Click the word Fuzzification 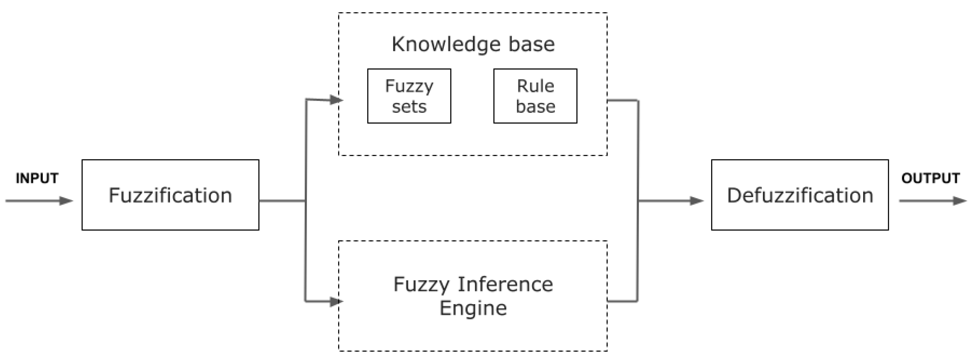coord(170,196)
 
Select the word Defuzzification coord(800,196)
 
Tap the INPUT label coord(37,178)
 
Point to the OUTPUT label coord(930,178)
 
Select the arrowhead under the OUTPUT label coord(960,201)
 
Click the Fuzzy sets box coord(409,96)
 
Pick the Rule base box coord(535,96)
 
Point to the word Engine coord(473,308)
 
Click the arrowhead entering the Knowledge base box coord(336,100)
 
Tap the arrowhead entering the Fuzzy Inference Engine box coord(336,302)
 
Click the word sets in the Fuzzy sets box coord(409,106)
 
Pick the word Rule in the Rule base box coord(535,86)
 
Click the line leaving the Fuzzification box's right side coord(282,201)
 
